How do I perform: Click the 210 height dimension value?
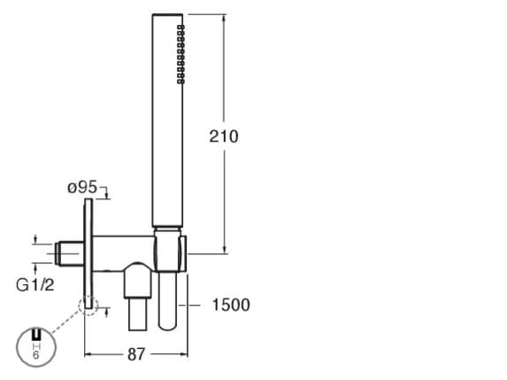tap(224, 136)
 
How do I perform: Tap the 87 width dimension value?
tap(136, 354)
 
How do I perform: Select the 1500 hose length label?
tap(231, 305)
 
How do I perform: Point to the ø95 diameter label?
tap(82, 188)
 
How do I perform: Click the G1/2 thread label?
tap(35, 285)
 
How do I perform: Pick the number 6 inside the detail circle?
tap(35, 355)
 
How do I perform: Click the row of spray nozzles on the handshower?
tap(181, 54)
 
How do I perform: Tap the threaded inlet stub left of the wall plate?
tap(69, 253)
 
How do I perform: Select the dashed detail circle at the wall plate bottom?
tap(88, 306)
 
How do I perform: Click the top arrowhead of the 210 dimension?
tap(225, 18)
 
